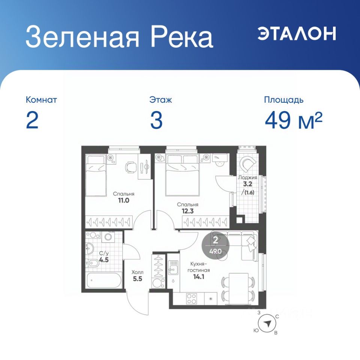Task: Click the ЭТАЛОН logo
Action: click(x=297, y=33)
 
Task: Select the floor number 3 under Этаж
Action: click(x=156, y=120)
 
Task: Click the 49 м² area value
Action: click(x=294, y=120)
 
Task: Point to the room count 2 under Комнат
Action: click(x=32, y=120)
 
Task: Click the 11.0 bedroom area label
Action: click(x=123, y=200)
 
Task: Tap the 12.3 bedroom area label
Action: click(x=187, y=211)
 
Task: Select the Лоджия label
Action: click(x=247, y=178)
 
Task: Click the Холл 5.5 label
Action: click(x=138, y=276)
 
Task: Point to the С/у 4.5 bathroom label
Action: click(x=104, y=256)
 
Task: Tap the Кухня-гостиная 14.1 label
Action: click(x=199, y=270)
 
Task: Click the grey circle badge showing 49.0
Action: click(x=215, y=246)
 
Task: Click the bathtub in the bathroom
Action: click(x=104, y=280)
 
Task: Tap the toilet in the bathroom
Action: click(x=92, y=263)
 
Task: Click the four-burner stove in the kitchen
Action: click(x=191, y=298)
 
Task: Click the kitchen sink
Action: click(x=173, y=267)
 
